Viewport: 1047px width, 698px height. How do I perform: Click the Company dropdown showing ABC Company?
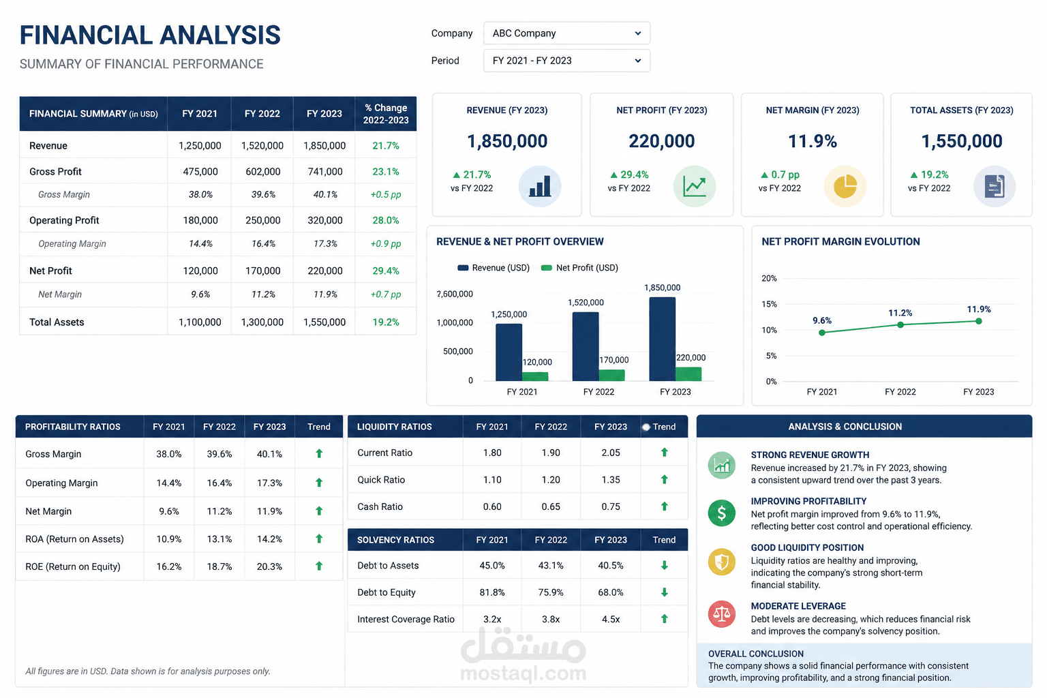tap(566, 33)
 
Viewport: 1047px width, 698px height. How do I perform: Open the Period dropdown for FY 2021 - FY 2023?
tap(566, 61)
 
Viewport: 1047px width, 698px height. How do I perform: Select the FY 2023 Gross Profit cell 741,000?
tap(325, 172)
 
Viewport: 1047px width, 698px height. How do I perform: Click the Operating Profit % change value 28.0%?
tap(386, 220)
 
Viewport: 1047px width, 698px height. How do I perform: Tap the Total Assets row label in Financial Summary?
tap(57, 322)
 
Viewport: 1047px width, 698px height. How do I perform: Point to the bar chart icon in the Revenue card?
tap(540, 186)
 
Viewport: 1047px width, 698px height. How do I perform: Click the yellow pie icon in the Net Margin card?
tap(845, 186)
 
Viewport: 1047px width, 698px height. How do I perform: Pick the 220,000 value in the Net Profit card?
tap(661, 140)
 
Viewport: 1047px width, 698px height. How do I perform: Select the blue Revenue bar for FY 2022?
tap(586, 346)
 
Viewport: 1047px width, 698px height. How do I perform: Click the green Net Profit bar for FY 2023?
tap(688, 374)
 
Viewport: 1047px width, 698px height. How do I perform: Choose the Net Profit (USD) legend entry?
tap(579, 268)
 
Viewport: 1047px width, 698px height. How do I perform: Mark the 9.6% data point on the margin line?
tap(822, 333)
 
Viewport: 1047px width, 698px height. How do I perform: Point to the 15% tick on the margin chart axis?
tap(769, 304)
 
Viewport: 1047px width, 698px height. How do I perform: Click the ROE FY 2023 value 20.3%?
tap(269, 566)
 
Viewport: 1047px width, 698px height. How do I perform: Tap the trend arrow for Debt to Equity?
tap(664, 592)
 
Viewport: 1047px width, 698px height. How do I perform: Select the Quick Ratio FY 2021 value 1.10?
tap(492, 480)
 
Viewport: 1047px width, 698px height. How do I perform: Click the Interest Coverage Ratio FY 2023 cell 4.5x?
tap(611, 619)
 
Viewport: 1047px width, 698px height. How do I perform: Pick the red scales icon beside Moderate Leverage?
tap(722, 614)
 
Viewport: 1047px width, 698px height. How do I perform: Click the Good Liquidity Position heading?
tap(807, 547)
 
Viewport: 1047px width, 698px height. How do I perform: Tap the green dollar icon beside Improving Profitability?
tap(722, 513)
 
